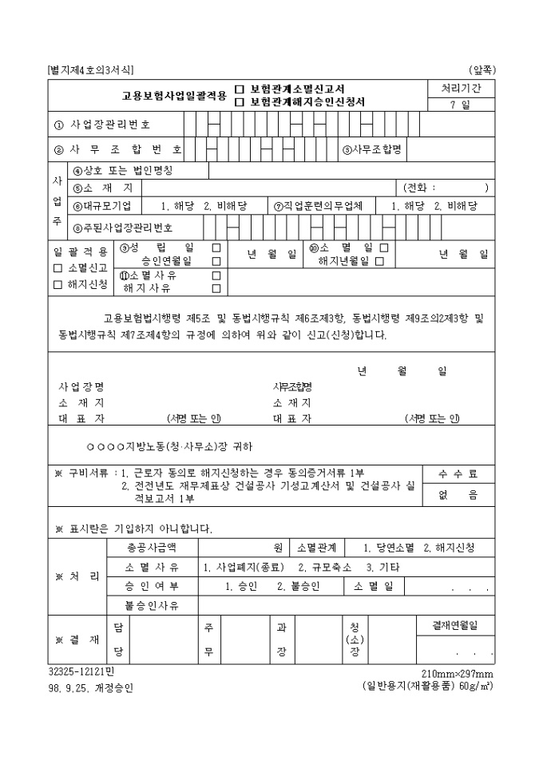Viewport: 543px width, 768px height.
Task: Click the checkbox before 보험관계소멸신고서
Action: [x=240, y=89]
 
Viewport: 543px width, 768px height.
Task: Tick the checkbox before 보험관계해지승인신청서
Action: [x=240, y=102]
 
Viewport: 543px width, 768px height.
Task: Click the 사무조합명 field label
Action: [x=371, y=149]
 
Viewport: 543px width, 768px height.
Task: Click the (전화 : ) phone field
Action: [x=445, y=188]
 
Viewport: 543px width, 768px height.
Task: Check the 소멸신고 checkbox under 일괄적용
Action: [x=57, y=268]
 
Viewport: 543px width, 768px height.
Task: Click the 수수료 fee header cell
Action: [x=458, y=474]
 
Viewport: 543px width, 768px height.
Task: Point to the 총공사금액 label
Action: [x=151, y=548]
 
